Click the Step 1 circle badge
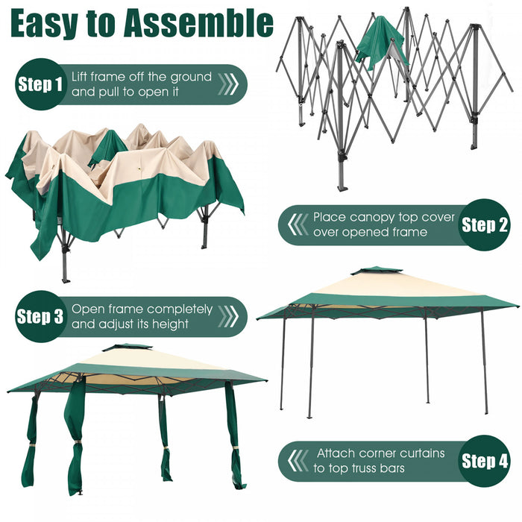click(x=40, y=84)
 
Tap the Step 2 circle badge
click(x=484, y=224)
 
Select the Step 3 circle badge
click(x=40, y=316)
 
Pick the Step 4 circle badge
click(x=484, y=460)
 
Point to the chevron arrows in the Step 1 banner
click(x=227, y=84)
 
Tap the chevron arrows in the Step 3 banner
click(x=227, y=316)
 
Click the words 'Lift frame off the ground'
click(x=142, y=77)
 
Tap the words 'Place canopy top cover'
click(x=383, y=217)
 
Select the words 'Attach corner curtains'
click(x=380, y=453)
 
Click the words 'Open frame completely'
click(x=142, y=309)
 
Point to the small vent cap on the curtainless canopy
click(x=377, y=271)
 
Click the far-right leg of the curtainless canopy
click(x=484, y=365)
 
